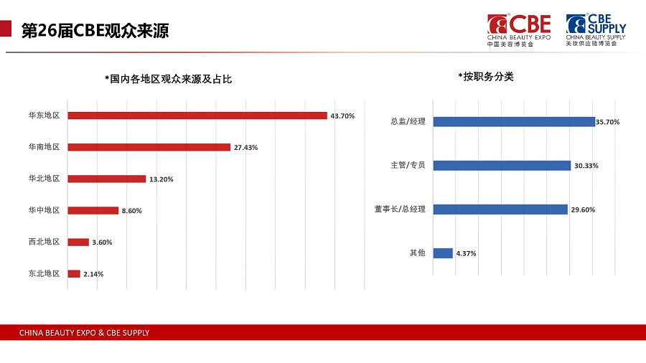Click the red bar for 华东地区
tap(197, 115)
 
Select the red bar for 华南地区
tap(149, 147)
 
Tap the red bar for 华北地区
tap(106, 179)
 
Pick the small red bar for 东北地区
tap(74, 273)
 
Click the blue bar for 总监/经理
tap(514, 122)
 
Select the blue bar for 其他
tap(444, 253)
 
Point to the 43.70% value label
tap(342, 116)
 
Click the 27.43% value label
tap(245, 148)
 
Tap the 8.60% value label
tap(132, 211)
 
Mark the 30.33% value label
tap(586, 166)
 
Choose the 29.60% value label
tap(583, 209)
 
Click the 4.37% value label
tap(466, 253)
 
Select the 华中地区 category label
tap(44, 210)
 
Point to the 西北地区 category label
tap(44, 242)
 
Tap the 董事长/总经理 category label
tap(400, 209)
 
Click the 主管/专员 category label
tap(408, 165)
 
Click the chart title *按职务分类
tap(485, 76)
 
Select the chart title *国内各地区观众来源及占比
tap(168, 79)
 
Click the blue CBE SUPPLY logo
tap(595, 29)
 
